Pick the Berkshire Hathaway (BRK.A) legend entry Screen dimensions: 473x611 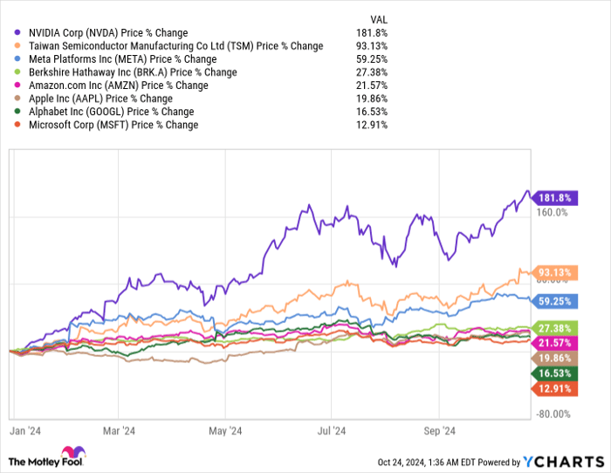130,72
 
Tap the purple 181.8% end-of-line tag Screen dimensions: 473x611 556,197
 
